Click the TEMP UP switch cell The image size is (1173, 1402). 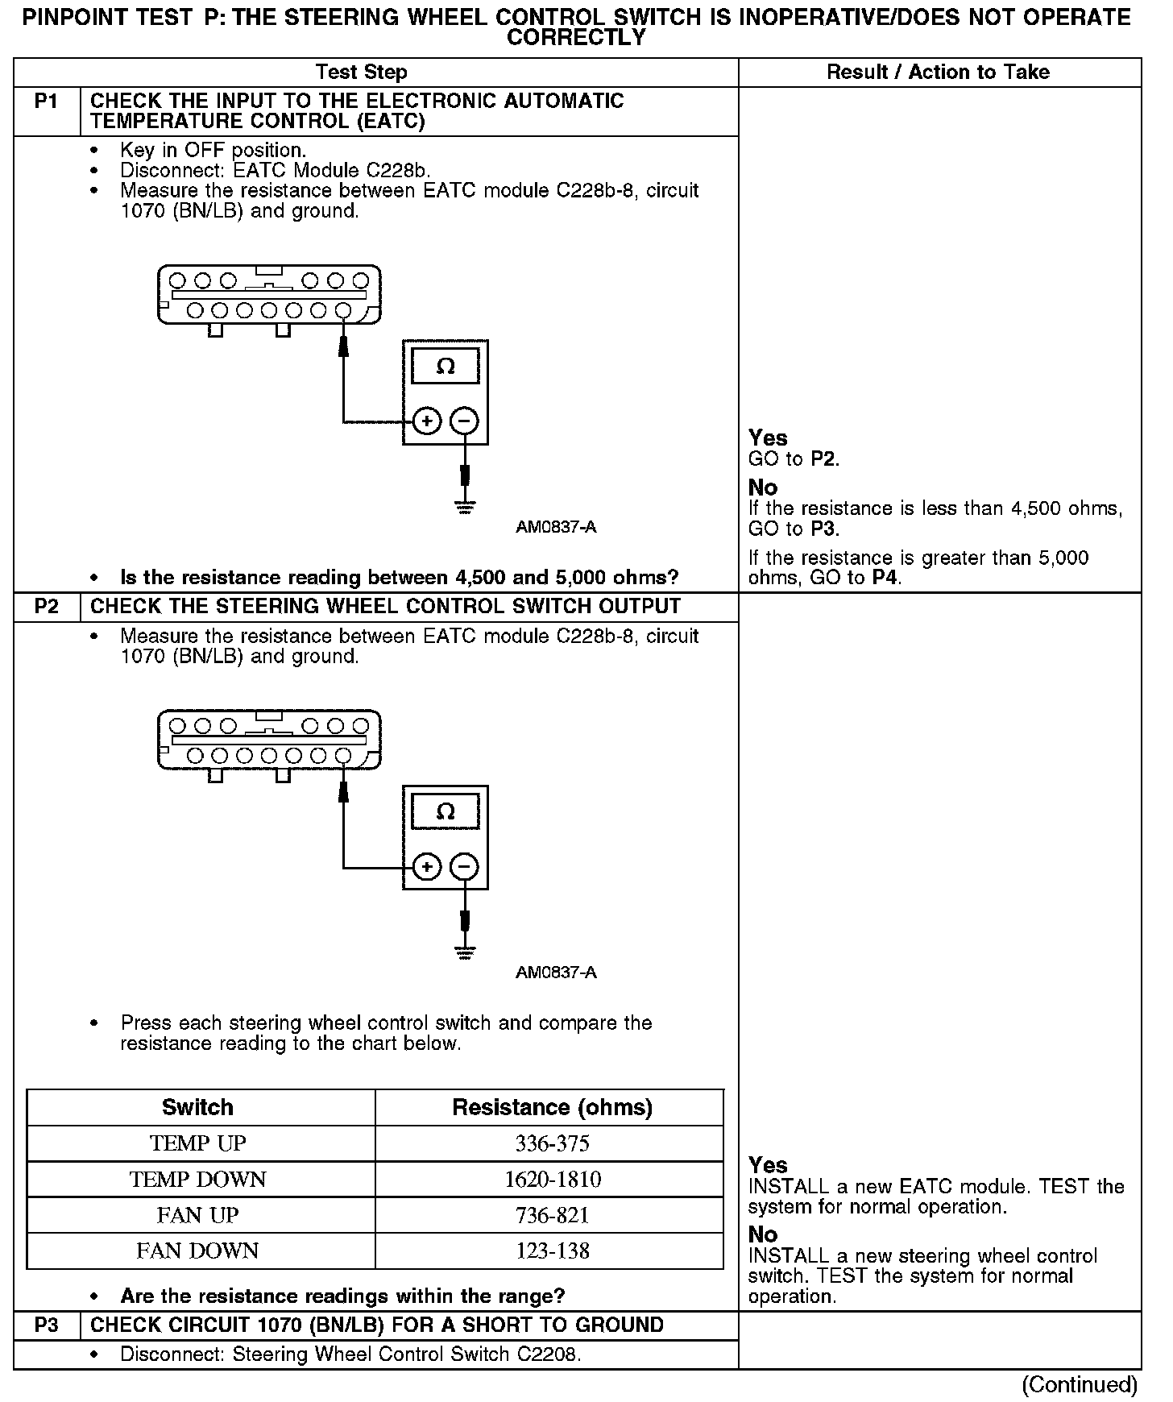click(198, 1143)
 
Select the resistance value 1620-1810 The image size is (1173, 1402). click(553, 1180)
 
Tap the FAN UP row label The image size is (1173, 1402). click(198, 1215)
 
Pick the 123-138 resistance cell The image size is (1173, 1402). click(553, 1251)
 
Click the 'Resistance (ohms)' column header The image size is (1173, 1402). click(553, 1107)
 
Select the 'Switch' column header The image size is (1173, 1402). click(198, 1107)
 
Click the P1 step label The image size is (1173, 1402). click(47, 102)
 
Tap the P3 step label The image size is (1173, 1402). click(47, 1325)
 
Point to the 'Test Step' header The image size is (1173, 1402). click(362, 73)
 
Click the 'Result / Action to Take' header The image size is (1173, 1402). click(939, 73)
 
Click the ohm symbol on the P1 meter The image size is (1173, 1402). click(446, 367)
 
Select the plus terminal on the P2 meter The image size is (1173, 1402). click(427, 867)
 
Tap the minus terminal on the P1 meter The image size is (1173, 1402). click(464, 421)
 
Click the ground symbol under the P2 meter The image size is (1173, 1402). click(464, 952)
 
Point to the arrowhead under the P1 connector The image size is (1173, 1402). click(344, 344)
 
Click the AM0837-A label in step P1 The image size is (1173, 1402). click(556, 528)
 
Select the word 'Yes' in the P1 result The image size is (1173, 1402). click(768, 438)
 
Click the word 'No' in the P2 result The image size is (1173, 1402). click(763, 1234)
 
